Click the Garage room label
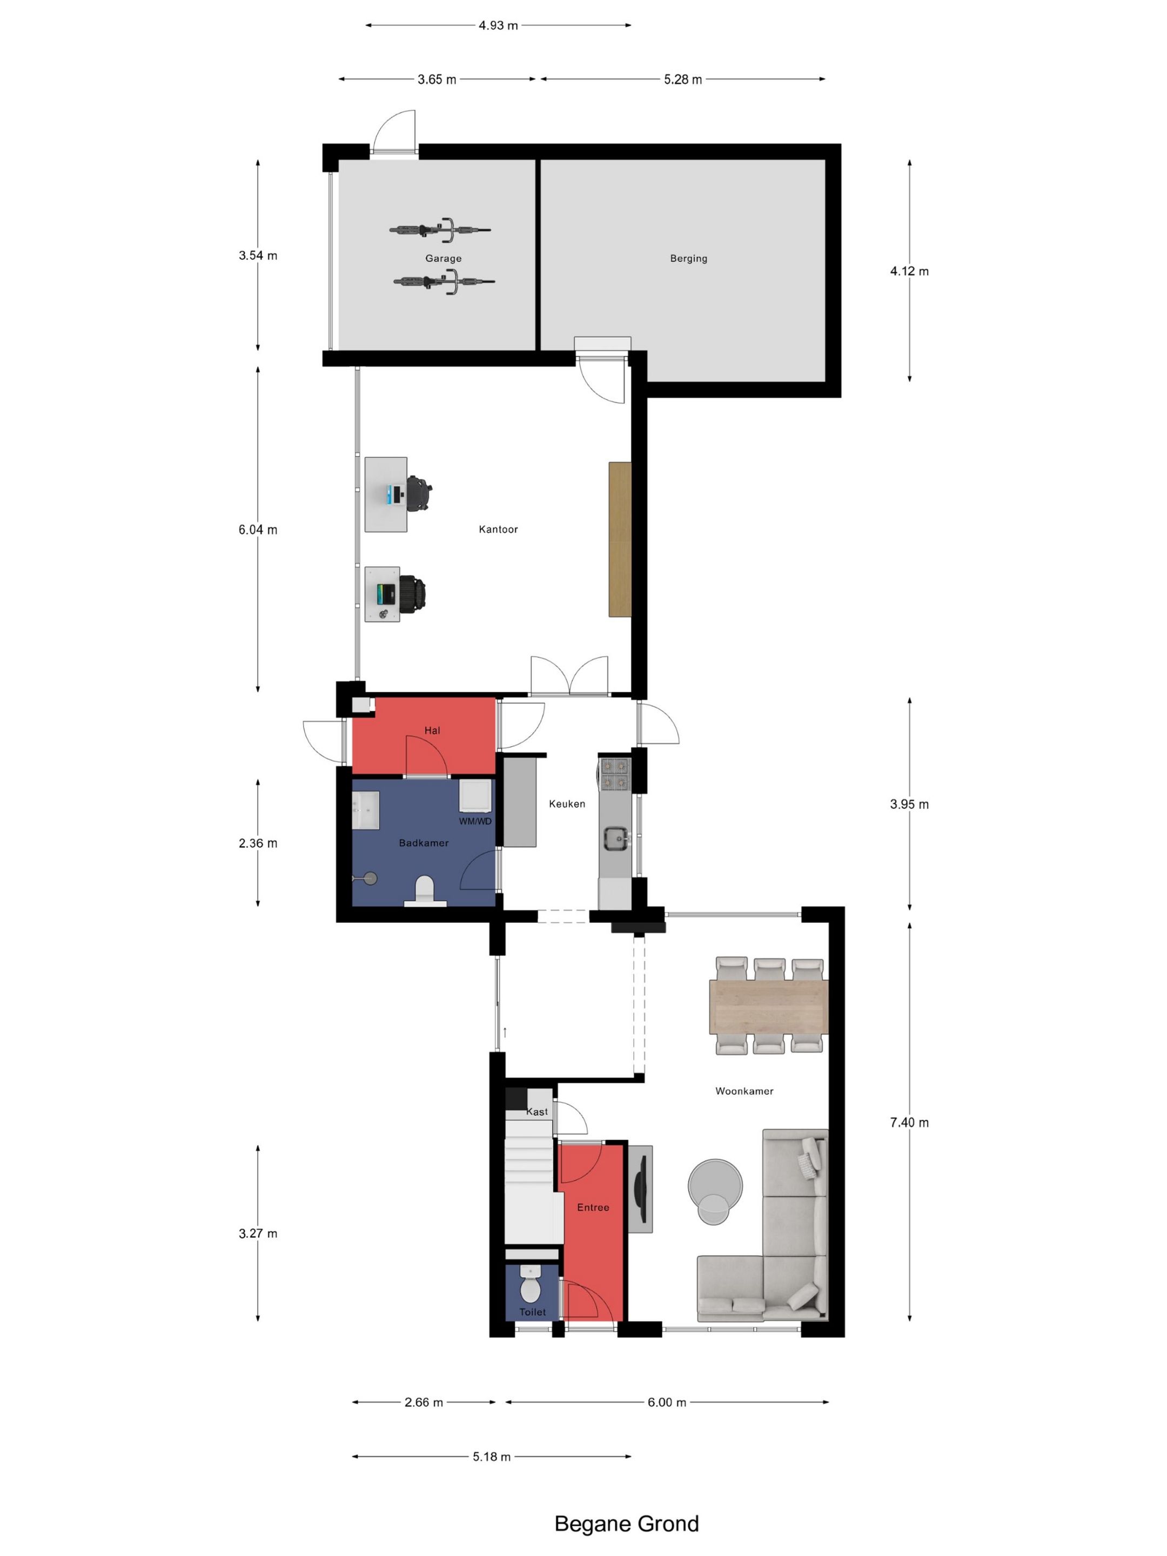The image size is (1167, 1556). pos(443,258)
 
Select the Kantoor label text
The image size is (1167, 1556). pos(498,529)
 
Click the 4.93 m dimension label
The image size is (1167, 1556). pos(498,25)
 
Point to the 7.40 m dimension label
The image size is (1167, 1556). pos(909,1122)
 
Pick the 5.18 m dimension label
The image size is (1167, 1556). pos(492,1456)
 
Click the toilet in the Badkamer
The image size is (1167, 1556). pos(425,890)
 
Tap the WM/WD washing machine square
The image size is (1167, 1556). pos(476,796)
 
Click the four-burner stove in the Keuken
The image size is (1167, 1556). pos(614,773)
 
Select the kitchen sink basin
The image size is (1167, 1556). pos(615,839)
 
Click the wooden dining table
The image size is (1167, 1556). pos(769,1006)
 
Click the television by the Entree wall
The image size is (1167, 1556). pos(640,1189)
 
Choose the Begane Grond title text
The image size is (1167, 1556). pos(627,1523)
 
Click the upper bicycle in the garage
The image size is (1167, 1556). pos(440,229)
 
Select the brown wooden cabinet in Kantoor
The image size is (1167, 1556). pos(620,539)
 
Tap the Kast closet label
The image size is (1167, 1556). pos(536,1111)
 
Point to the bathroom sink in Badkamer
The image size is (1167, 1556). pos(366,810)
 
